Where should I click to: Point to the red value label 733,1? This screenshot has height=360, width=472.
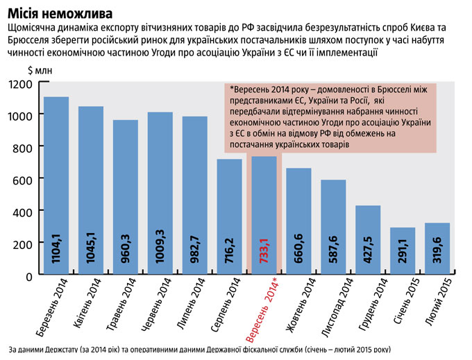[x=264, y=247]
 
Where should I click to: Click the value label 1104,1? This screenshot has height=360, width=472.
[x=56, y=247]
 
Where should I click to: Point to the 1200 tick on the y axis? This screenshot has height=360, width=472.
[x=20, y=84]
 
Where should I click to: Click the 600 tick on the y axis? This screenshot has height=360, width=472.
[x=24, y=179]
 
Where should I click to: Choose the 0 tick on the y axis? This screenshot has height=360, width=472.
[x=29, y=275]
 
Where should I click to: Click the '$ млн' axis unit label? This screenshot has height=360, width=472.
[x=40, y=69]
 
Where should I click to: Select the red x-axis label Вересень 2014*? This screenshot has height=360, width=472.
[x=263, y=311]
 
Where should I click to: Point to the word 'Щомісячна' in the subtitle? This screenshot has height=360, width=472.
[x=34, y=27]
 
